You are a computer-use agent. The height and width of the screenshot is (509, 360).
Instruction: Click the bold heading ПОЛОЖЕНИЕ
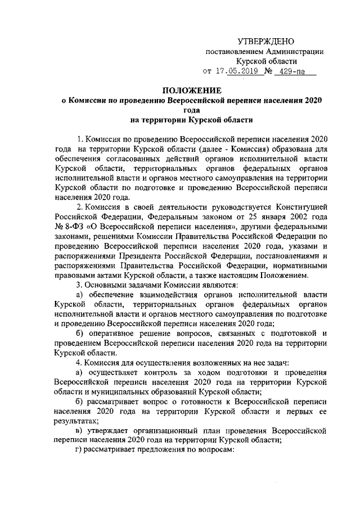tap(192, 91)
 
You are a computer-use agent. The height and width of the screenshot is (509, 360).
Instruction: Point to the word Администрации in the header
tap(294, 51)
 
